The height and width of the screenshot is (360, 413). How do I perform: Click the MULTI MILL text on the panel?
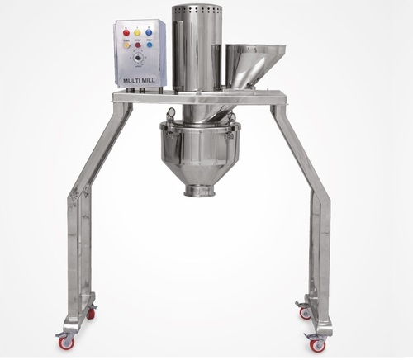(137, 80)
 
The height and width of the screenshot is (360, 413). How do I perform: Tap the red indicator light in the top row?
(126, 32)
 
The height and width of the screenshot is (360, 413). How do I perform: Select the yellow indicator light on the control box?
(137, 32)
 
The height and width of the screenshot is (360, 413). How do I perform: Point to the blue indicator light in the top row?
(149, 32)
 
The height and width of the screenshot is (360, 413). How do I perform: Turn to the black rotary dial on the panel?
(137, 61)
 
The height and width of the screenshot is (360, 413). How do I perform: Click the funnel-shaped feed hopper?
(249, 62)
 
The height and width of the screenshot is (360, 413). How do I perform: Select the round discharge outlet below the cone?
(200, 192)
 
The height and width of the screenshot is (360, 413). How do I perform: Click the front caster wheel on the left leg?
(64, 341)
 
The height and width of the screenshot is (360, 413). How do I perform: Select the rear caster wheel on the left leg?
(89, 312)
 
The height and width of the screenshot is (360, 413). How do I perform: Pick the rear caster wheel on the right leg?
(304, 312)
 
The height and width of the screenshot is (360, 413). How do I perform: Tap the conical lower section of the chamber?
(200, 169)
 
